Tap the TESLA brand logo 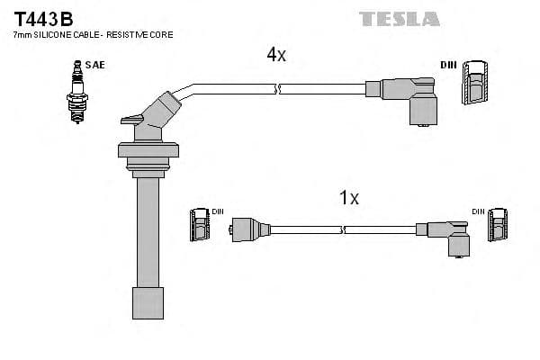[400, 18]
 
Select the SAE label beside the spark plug [94, 65]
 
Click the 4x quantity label [276, 55]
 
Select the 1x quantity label [349, 198]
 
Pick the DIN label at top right [448, 65]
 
